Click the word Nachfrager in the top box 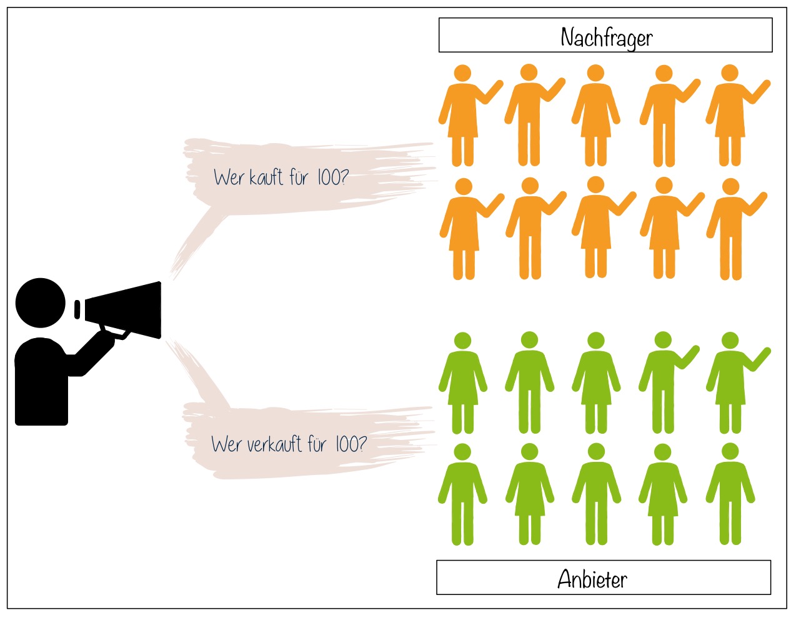(606, 37)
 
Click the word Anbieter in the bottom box (592, 579)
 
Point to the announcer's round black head (41, 302)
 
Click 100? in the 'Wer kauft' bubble (332, 177)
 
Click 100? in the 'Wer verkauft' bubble (351, 444)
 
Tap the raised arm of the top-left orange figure (490, 94)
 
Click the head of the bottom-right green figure (730, 451)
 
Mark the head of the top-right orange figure (730, 73)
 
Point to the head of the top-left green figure (462, 341)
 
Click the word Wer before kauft (229, 178)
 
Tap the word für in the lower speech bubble (317, 444)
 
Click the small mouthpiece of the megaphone (77, 309)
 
